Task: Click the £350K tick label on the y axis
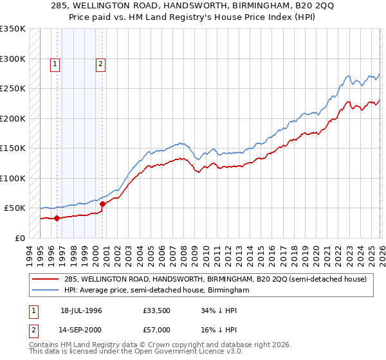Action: [12, 29]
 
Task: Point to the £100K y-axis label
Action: [12, 178]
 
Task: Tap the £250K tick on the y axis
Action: [12, 89]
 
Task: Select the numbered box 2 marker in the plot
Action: [102, 64]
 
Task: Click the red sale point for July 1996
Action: [57, 218]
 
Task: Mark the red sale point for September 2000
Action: [102, 204]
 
